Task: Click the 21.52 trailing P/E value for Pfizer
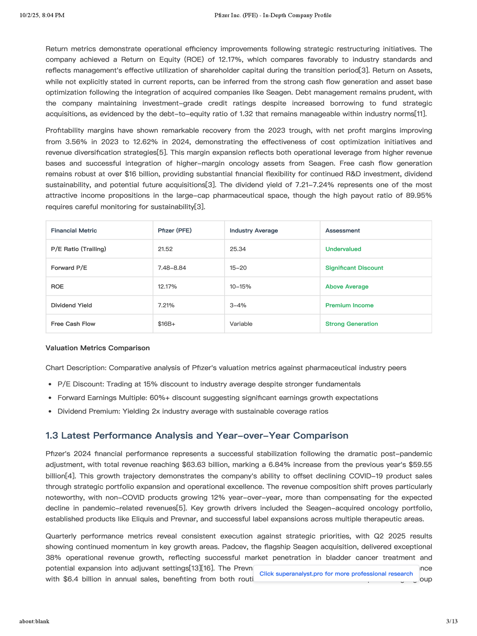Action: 165,249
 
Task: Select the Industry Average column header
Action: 254,231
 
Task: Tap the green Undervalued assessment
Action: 343,249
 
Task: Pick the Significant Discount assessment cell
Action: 354,268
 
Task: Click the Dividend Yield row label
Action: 71,305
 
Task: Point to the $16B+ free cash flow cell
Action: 167,324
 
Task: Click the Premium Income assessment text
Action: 349,305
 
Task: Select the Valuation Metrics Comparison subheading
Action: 97,348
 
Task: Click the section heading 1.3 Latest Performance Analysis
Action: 197,436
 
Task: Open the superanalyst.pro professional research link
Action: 336,574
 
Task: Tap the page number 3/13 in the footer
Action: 452,621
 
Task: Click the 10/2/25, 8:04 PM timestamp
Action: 42,16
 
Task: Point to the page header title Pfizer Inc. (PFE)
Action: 273,16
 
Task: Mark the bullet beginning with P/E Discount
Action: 209,384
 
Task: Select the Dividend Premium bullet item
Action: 193,411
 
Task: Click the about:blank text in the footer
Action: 34,621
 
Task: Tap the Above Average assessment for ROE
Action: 347,287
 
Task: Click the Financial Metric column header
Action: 74,231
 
